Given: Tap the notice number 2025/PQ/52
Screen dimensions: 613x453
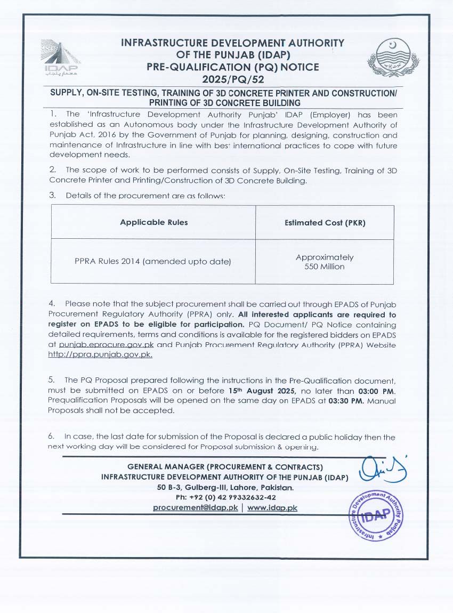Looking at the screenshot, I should (x=233, y=79).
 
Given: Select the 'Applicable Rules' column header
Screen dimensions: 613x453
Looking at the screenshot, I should (x=153, y=222).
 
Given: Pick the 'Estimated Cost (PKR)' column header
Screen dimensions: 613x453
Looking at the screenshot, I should (x=325, y=223).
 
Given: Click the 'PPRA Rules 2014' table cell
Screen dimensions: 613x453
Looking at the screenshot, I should (x=153, y=261).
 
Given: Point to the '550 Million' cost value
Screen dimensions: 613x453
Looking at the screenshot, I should (x=325, y=267).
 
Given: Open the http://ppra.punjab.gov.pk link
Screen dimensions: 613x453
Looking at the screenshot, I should (x=100, y=355).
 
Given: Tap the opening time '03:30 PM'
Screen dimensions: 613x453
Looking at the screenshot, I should (x=346, y=401).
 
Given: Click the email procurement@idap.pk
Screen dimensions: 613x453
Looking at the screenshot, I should (x=195, y=507).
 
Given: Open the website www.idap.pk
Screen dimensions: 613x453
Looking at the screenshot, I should (x=272, y=507).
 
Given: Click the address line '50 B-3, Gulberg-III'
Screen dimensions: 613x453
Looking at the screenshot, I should (x=225, y=487).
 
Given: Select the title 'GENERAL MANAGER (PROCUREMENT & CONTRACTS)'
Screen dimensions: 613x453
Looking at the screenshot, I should (x=225, y=467).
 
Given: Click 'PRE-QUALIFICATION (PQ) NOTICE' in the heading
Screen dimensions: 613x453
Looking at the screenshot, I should (x=233, y=67).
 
